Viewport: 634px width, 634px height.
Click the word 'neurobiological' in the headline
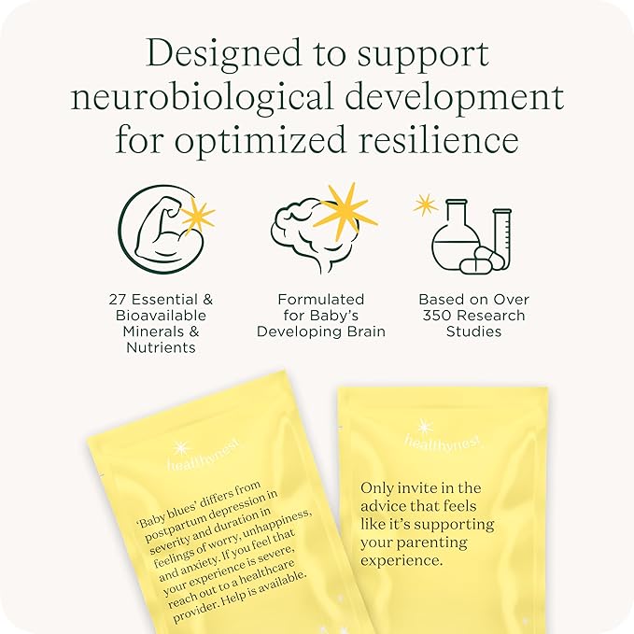click(x=202, y=96)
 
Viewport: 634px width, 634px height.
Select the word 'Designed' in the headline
click(x=223, y=53)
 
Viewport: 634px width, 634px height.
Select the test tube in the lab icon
click(x=502, y=238)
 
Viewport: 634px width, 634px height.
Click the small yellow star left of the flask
click(x=425, y=205)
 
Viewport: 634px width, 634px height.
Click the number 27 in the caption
click(x=118, y=300)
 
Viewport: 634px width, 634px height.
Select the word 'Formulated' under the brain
click(x=321, y=300)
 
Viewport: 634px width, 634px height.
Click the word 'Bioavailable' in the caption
click(x=161, y=316)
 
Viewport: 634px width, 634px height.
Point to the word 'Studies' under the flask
click(x=474, y=331)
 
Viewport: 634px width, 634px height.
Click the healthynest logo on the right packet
click(x=443, y=440)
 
